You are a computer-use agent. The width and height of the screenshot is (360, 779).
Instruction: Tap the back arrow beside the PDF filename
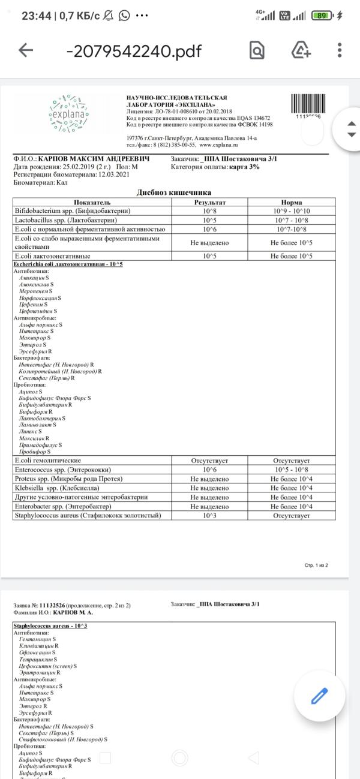[x=26, y=50]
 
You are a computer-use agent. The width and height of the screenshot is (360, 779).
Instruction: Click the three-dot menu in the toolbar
[x=340, y=50]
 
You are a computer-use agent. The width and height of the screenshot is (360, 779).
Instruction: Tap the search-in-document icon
[x=257, y=51]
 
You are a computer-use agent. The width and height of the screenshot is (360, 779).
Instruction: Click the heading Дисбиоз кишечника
[x=174, y=193]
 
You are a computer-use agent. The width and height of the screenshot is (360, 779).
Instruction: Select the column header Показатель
[x=92, y=202]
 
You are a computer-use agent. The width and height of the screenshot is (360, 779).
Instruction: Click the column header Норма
[x=292, y=202]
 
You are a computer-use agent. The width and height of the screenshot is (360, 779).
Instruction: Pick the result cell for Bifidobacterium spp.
[x=209, y=211]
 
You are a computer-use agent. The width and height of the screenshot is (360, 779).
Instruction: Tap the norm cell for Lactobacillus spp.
[x=292, y=220]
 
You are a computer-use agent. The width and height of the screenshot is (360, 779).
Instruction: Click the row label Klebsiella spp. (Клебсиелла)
[x=67, y=488]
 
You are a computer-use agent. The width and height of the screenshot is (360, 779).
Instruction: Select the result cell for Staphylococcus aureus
[x=209, y=516]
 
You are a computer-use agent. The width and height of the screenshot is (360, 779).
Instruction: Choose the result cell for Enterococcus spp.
[x=209, y=470]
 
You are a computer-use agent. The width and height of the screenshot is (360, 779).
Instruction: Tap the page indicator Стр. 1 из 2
[x=316, y=565]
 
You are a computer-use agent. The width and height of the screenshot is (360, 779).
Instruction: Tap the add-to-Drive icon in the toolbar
[x=301, y=51]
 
